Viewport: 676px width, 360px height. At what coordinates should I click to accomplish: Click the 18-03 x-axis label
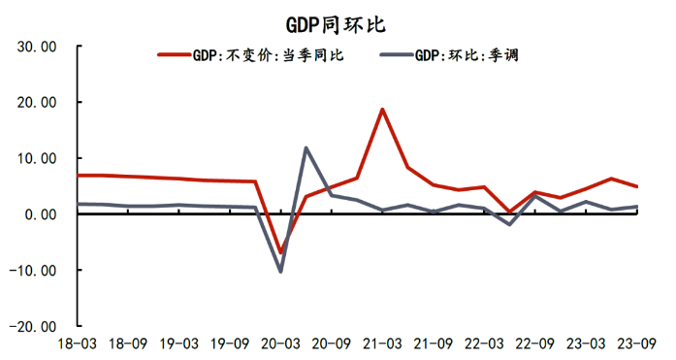pyautogui.click(x=77, y=344)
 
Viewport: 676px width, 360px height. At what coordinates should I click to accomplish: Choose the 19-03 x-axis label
pyautogui.click(x=179, y=344)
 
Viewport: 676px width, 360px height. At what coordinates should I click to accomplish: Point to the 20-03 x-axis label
pyautogui.click(x=280, y=344)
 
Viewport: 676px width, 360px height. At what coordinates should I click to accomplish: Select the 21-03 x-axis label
pyautogui.click(x=382, y=344)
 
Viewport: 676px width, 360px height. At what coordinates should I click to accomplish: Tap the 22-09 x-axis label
pyautogui.click(x=534, y=344)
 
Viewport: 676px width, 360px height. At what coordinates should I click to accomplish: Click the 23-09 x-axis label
pyautogui.click(x=636, y=344)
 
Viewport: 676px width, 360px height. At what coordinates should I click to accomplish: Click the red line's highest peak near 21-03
pyautogui.click(x=382, y=109)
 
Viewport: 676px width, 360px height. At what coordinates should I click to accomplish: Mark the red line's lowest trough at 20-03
pyautogui.click(x=281, y=252)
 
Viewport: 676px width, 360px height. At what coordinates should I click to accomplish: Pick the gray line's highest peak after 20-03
pyautogui.click(x=306, y=147)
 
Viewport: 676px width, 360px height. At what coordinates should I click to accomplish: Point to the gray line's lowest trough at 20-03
pyautogui.click(x=281, y=272)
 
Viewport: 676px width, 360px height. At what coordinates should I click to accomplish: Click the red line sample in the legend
pyautogui.click(x=175, y=55)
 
